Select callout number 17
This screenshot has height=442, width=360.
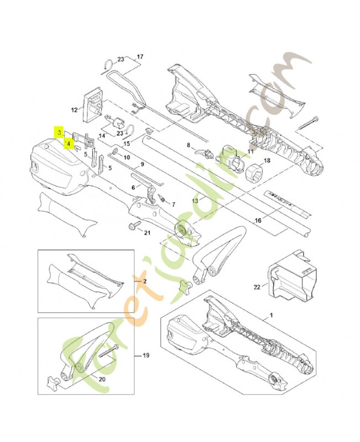tap(140, 57)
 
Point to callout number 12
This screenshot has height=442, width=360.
tap(75, 109)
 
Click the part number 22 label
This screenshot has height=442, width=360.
tap(256, 287)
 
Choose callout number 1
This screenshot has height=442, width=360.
tap(271, 315)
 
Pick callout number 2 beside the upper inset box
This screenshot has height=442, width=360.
tap(145, 281)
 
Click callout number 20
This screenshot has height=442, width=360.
tap(101, 379)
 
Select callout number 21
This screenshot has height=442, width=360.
tap(147, 232)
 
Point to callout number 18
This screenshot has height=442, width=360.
tap(267, 161)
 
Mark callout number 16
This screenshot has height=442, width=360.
tap(257, 220)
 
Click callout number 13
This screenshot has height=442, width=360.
tap(195, 200)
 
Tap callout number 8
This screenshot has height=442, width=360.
tap(188, 145)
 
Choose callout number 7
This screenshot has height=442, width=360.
tap(173, 204)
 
